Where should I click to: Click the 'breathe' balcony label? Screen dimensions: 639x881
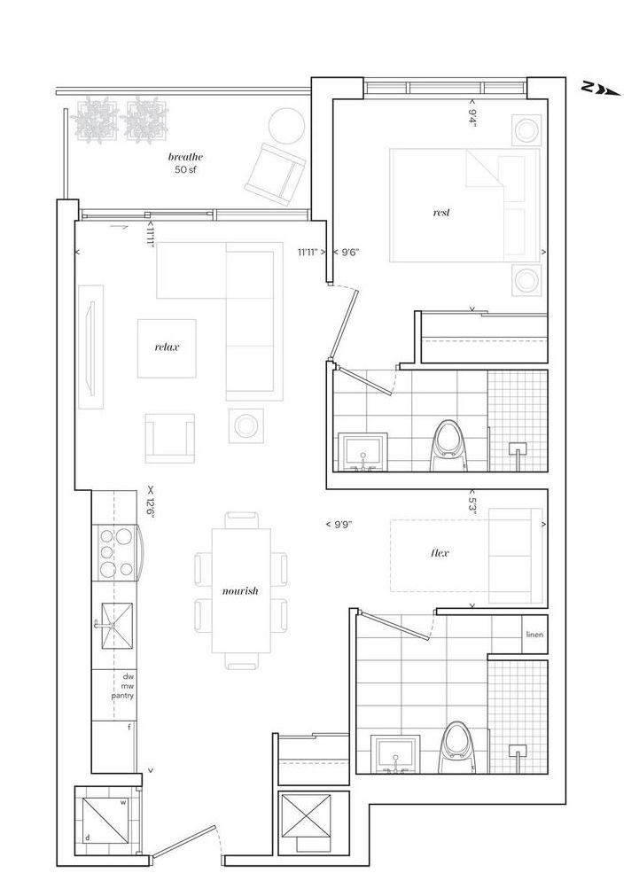click(185, 158)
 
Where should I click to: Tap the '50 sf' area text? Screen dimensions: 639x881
click(185, 169)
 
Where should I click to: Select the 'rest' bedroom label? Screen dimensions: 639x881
click(441, 213)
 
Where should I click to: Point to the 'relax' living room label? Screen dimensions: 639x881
click(167, 347)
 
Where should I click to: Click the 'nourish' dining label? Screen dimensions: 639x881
click(240, 590)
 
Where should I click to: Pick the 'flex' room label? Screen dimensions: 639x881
click(440, 552)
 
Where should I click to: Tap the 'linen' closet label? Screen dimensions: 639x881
click(534, 635)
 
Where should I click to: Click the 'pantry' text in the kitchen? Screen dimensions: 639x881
click(122, 696)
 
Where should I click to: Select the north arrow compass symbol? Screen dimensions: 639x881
click(602, 89)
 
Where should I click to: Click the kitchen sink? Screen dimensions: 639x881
click(117, 626)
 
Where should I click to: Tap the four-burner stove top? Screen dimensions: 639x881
click(116, 553)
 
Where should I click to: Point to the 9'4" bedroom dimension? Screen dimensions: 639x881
click(472, 115)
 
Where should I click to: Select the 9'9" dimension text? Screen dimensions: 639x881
click(339, 524)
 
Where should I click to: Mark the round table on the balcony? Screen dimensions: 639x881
click(286, 127)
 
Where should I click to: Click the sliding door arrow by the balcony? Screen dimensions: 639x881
click(119, 228)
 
